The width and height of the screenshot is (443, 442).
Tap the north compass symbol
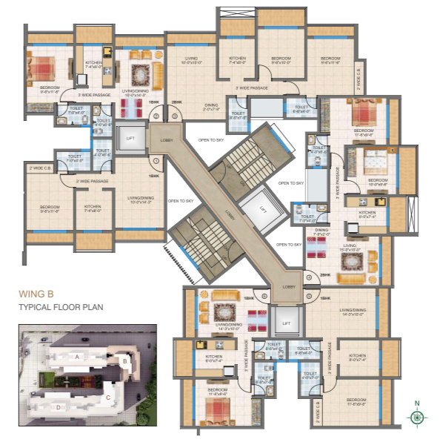click(419, 417)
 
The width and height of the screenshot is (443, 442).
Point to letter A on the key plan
click(76, 357)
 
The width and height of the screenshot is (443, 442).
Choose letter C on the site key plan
click(107, 397)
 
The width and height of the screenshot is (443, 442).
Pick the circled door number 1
click(156, 160)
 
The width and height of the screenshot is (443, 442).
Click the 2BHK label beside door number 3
click(176, 102)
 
